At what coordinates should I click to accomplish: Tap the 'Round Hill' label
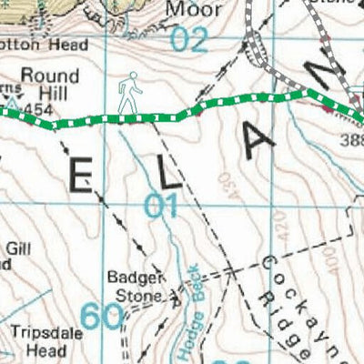(x=45, y=85)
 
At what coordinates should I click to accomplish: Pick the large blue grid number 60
(x=100, y=316)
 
